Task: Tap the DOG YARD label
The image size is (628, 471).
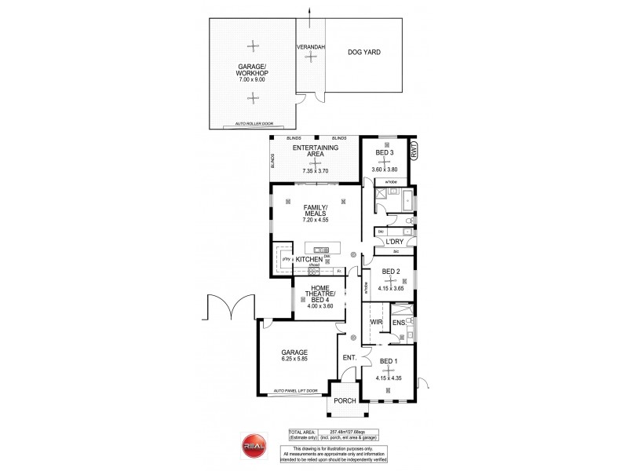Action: (363, 53)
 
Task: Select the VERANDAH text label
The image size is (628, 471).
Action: (311, 48)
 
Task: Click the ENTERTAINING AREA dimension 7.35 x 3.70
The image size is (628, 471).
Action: (315, 170)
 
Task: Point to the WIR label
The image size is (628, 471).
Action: (375, 322)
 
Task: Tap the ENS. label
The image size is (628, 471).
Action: (398, 322)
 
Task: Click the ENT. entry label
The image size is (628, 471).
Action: (349, 358)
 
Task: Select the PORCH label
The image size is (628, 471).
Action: (345, 401)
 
